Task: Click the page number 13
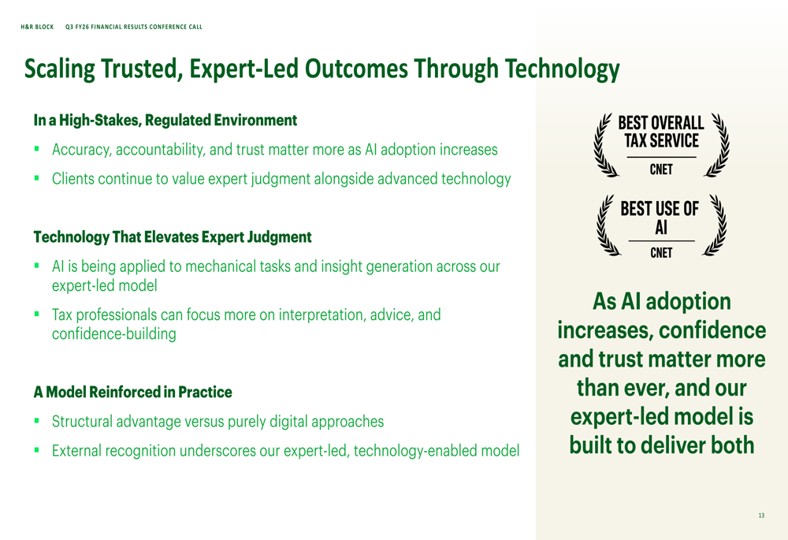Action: tap(761, 516)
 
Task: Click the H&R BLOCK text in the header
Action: tap(37, 27)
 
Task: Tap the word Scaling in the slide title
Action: tap(59, 69)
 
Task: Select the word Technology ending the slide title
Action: tap(562, 69)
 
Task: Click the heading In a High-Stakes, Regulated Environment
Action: tap(165, 120)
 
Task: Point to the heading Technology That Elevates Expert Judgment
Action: tap(173, 236)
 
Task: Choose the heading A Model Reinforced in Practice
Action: tap(132, 392)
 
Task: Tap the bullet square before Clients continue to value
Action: tap(37, 177)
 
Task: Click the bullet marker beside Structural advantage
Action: tap(37, 420)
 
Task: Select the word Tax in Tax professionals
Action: tap(61, 315)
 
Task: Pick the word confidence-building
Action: tap(114, 334)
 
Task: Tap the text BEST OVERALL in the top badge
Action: tap(661, 123)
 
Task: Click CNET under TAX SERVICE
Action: tap(661, 169)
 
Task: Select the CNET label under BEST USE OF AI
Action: tap(661, 252)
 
